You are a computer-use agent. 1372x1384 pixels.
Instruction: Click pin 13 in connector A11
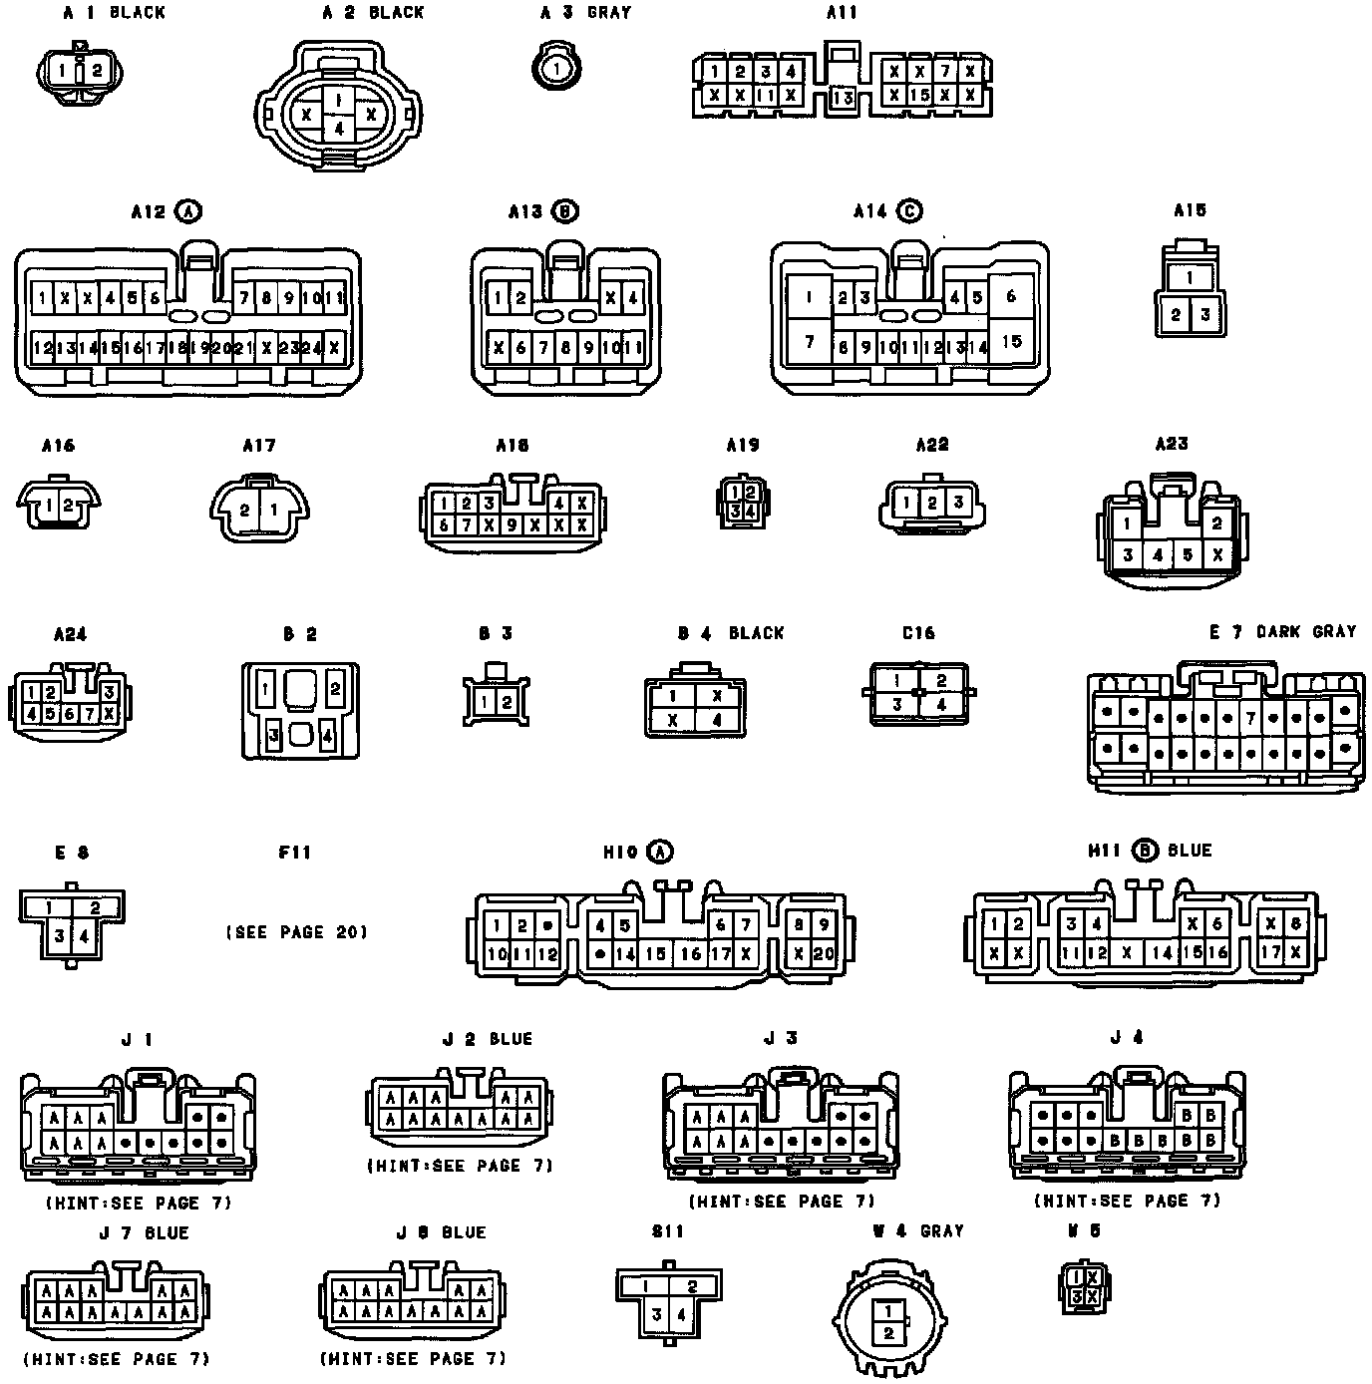(x=844, y=99)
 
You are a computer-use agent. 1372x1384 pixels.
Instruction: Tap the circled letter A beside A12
(x=187, y=211)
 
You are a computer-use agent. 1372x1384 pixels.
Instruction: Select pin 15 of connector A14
(x=1012, y=341)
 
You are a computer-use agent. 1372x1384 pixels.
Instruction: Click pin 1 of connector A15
(x=1191, y=278)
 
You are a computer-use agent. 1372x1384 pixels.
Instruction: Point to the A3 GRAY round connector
(x=556, y=69)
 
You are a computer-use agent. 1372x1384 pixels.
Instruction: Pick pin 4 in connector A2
(x=339, y=128)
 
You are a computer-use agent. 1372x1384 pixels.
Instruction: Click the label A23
(x=1172, y=445)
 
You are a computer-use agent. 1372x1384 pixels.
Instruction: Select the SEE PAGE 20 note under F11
(x=296, y=932)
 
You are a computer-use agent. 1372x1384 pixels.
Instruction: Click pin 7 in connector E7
(x=1249, y=717)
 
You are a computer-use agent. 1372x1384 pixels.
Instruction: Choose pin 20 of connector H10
(x=824, y=953)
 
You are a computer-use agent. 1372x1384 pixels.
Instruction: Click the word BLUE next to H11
(x=1189, y=851)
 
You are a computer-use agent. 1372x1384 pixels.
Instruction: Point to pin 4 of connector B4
(x=715, y=720)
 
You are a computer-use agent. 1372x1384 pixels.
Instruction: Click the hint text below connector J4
(x=1127, y=1201)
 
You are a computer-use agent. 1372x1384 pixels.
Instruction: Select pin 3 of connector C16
(x=897, y=704)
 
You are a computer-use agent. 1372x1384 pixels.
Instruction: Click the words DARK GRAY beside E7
(x=1306, y=632)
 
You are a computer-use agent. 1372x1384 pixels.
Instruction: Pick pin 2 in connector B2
(x=335, y=688)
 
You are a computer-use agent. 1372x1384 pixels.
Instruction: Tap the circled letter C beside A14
(x=908, y=211)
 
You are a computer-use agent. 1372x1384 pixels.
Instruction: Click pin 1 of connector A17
(x=273, y=510)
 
